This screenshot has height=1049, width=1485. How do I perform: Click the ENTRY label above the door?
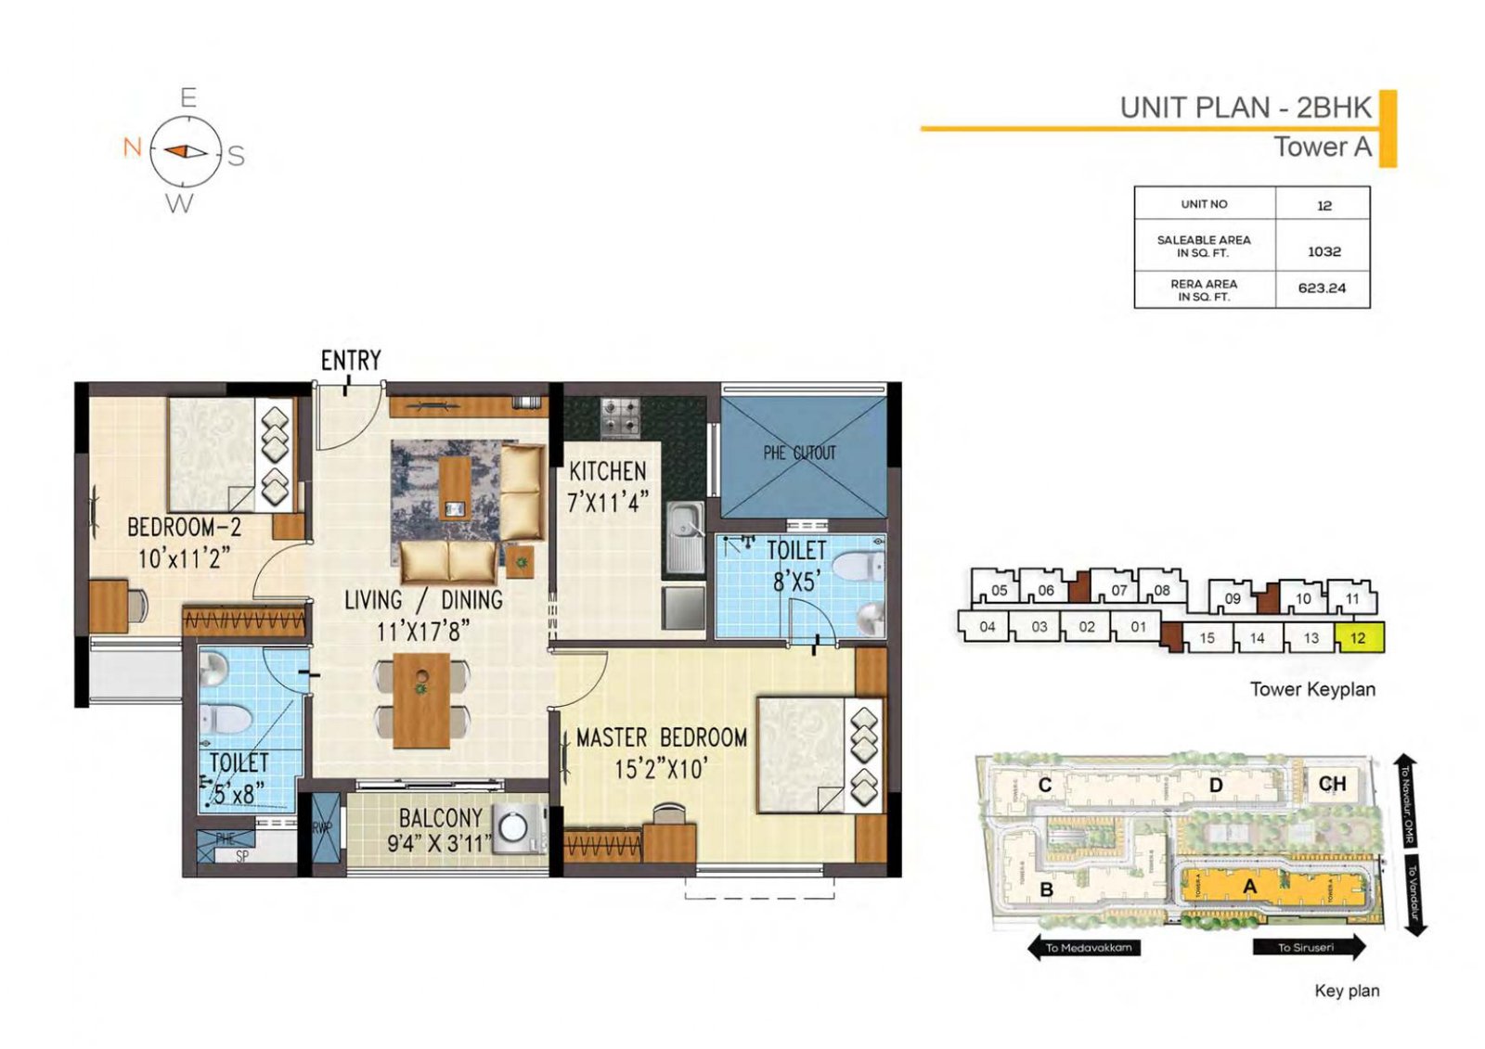(x=351, y=360)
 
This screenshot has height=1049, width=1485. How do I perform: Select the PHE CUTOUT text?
(x=799, y=453)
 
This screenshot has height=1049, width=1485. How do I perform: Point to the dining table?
(x=421, y=700)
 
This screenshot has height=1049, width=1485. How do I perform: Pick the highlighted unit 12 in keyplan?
(x=1359, y=638)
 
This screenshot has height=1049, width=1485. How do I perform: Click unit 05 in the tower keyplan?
(x=999, y=590)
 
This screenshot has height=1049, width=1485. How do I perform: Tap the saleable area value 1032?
(x=1324, y=251)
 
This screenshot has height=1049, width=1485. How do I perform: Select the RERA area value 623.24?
(x=1322, y=288)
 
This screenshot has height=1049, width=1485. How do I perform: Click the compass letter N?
(x=132, y=147)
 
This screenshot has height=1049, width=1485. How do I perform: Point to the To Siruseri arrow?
(x=1308, y=947)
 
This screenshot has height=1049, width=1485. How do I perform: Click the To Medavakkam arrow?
(x=1084, y=947)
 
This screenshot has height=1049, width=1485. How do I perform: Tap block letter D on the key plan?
(x=1215, y=786)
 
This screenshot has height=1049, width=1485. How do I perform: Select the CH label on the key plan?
(x=1332, y=784)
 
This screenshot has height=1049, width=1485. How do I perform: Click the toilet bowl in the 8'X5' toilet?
(x=857, y=565)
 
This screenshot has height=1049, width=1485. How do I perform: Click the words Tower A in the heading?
(x=1322, y=147)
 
